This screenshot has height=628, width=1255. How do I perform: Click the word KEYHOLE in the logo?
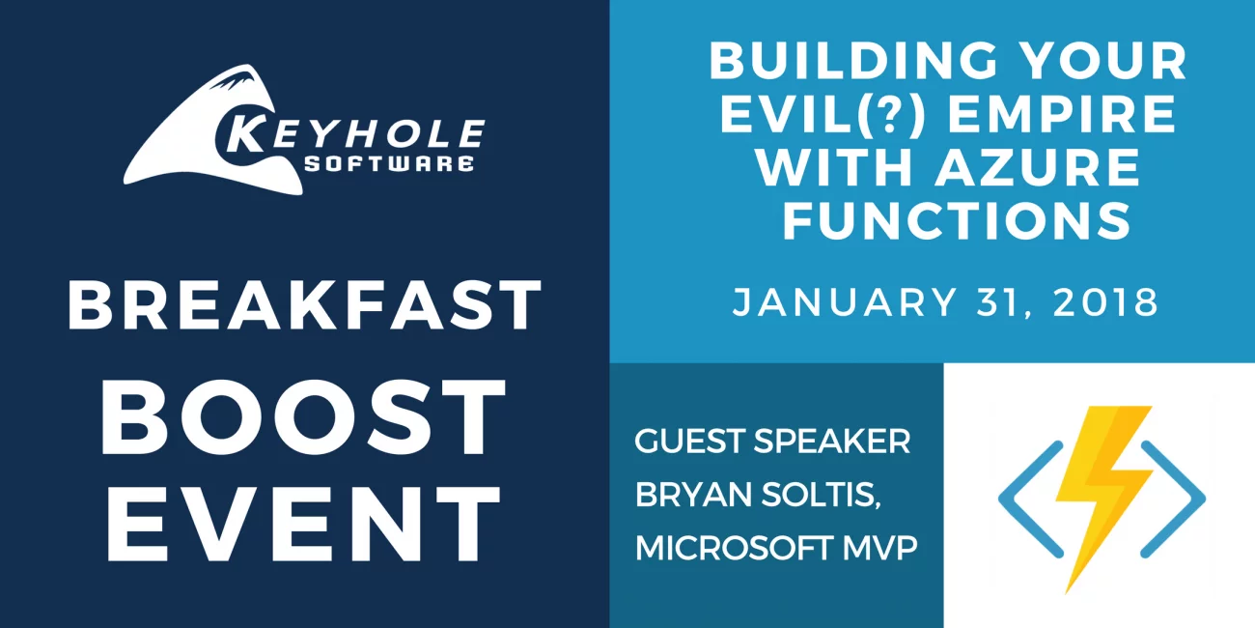click(x=350, y=134)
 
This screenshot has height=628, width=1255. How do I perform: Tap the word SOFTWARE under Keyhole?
click(x=389, y=163)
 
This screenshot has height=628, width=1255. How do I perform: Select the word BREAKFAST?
click(x=305, y=305)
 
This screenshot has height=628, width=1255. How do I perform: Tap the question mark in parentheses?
click(x=887, y=114)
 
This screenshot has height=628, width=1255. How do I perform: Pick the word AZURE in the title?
click(x=1037, y=167)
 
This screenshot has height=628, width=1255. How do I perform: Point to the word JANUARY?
click(x=845, y=301)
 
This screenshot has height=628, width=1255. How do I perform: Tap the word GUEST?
click(x=689, y=441)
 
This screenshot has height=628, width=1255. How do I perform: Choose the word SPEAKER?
click(x=832, y=441)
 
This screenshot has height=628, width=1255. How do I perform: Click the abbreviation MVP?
click(x=880, y=548)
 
